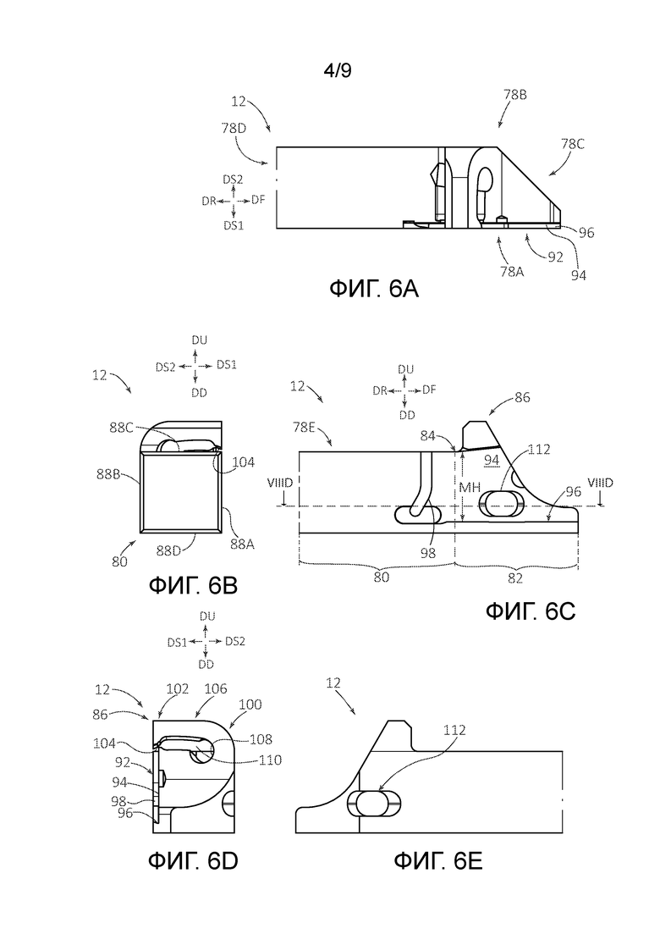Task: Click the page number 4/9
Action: pyautogui.click(x=338, y=71)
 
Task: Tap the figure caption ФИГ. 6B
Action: pyautogui.click(x=193, y=585)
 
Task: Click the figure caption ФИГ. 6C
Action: pyautogui.click(x=531, y=611)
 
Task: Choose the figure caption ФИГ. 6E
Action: pyautogui.click(x=438, y=860)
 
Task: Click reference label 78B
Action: pyautogui.click(x=515, y=95)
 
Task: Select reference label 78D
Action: pyautogui.click(x=234, y=128)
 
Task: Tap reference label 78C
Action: pyautogui.click(x=573, y=144)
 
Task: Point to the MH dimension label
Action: pyautogui.click(x=470, y=488)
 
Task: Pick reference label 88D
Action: pyautogui.click(x=169, y=551)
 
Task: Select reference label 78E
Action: pyautogui.click(x=304, y=427)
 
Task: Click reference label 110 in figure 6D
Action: pyautogui.click(x=271, y=760)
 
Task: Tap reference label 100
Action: pyautogui.click(x=250, y=705)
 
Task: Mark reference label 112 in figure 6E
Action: pyautogui.click(x=454, y=730)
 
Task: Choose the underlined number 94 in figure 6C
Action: pyautogui.click(x=492, y=460)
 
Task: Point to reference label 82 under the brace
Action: pyautogui.click(x=516, y=578)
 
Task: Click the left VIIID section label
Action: pyautogui.click(x=281, y=483)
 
